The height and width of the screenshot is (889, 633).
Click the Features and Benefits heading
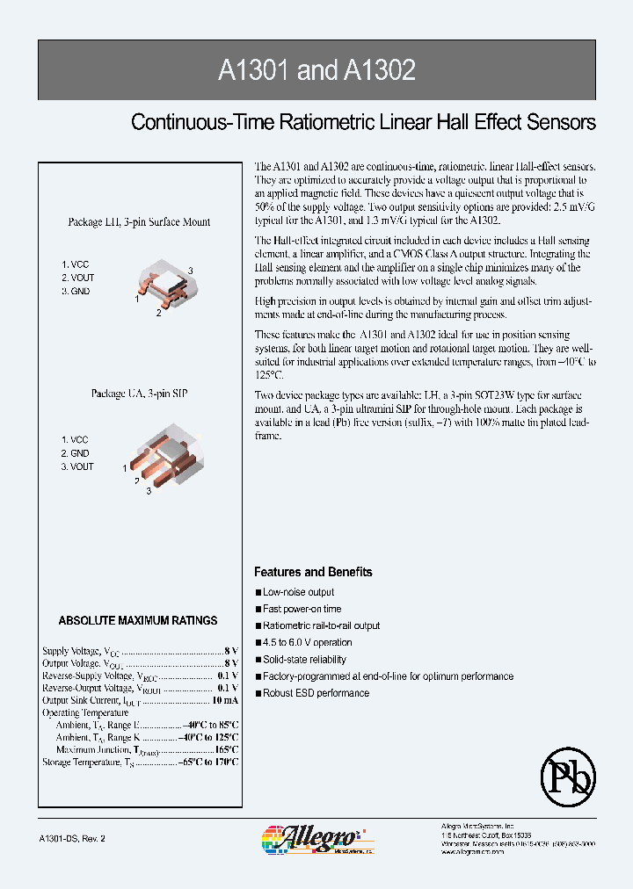point(313,572)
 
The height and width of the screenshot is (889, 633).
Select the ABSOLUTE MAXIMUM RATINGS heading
point(138,620)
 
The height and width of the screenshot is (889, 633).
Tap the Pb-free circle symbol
point(568,774)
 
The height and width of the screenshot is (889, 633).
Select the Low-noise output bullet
point(298,593)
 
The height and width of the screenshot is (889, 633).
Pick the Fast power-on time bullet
point(302,610)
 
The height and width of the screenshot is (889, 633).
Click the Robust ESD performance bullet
point(316,693)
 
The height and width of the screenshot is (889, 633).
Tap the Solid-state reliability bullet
point(304,660)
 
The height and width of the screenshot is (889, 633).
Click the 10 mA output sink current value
point(224,700)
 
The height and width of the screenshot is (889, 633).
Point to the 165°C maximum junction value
point(226,750)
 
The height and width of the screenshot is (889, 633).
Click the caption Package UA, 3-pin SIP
point(139,394)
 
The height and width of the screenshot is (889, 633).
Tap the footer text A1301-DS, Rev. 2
point(73,839)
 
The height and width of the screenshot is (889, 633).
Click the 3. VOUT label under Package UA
point(77,467)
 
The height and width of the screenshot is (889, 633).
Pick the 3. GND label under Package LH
point(76,292)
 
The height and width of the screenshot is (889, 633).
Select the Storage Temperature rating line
point(140,763)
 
